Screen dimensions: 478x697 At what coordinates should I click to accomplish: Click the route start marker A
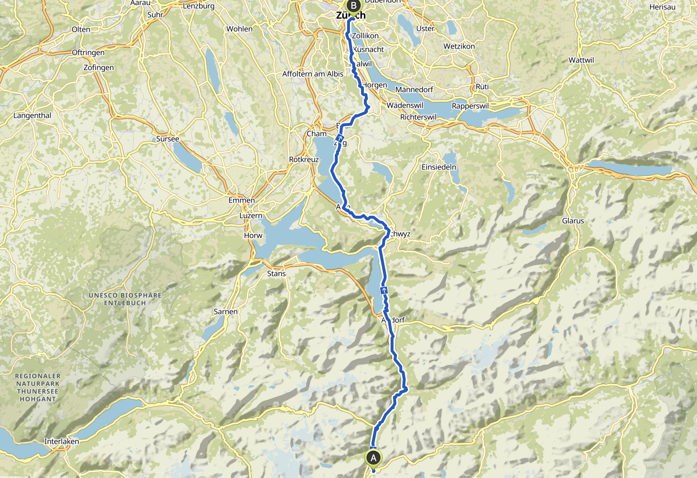(x=373, y=458)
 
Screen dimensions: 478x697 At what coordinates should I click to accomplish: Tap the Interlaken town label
(x=62, y=441)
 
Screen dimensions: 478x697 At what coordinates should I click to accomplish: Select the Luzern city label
(x=251, y=215)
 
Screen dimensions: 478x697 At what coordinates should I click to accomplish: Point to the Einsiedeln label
(x=439, y=167)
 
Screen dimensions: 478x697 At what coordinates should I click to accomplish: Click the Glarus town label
(x=573, y=221)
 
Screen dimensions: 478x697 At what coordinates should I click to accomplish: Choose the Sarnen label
(x=226, y=312)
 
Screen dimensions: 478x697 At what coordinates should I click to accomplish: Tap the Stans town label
(x=276, y=274)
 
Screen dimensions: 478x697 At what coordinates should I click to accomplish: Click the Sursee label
(x=167, y=139)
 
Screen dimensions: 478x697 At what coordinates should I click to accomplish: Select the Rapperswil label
(x=470, y=106)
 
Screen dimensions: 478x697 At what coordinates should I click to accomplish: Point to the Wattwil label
(x=581, y=60)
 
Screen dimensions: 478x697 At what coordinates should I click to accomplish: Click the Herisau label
(x=662, y=7)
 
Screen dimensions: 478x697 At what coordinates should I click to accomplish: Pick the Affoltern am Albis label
(x=312, y=74)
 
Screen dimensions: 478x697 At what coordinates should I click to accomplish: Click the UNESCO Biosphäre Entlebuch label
(x=125, y=299)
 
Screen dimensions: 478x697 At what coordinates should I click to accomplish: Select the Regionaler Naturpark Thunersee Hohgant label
(x=38, y=387)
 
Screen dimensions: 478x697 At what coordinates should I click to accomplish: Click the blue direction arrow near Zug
(x=340, y=139)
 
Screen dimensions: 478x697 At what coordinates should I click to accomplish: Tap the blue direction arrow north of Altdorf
(x=384, y=290)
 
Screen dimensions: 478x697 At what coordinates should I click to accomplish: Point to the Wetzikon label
(x=459, y=46)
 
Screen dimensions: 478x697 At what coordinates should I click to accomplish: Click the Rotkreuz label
(x=303, y=159)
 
